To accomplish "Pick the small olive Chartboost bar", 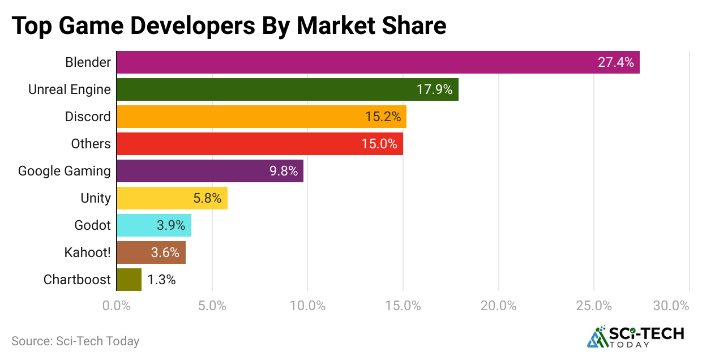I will coord(129,280).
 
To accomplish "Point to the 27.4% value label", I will coord(615,62).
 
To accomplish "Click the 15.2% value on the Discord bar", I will coord(383,117).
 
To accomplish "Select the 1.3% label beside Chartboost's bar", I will coord(161,280).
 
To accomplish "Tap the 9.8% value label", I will coord(284,171).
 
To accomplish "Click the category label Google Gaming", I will coord(65,171).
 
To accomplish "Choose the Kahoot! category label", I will coord(87,252).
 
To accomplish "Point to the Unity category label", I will coord(96,198).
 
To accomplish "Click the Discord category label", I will coord(88,117).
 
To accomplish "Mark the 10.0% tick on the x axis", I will coord(307,306).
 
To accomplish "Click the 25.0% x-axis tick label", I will coord(594,306).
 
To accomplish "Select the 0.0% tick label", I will coord(117,306).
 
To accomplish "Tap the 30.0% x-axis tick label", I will coord(670,306).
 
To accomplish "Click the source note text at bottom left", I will coord(75,341).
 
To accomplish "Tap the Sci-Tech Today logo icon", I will coord(596,337).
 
